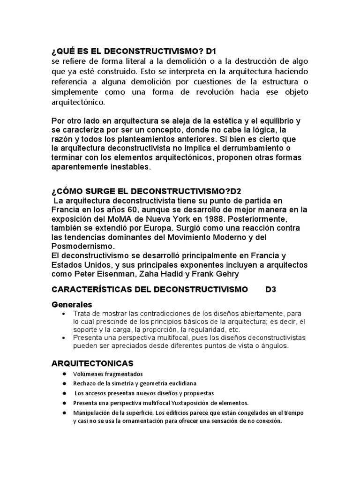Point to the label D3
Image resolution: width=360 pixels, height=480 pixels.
pyautogui.click(x=270, y=290)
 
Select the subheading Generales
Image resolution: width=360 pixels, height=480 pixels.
pyautogui.click(x=72, y=305)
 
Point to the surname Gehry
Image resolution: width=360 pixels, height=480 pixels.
pyautogui.click(x=227, y=274)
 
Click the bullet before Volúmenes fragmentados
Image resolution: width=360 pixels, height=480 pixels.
pyautogui.click(x=63, y=374)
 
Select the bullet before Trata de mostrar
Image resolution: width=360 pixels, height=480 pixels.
pyautogui.click(x=63, y=314)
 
